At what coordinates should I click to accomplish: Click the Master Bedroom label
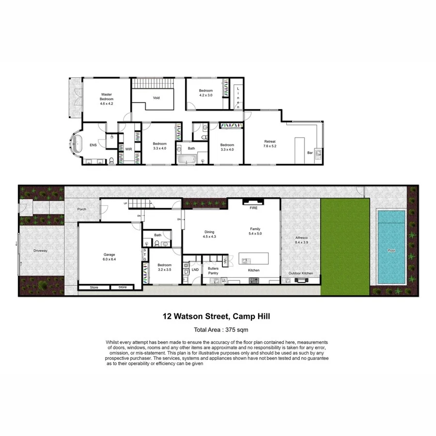point(107,99)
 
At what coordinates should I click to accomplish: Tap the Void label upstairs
point(156,98)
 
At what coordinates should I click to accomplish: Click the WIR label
point(128,149)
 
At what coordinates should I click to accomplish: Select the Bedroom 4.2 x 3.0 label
point(205,93)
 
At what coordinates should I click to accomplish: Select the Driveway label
point(40,251)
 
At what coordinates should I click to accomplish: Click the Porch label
point(82,210)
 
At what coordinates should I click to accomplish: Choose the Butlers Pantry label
point(214,270)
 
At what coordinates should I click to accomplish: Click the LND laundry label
point(195,270)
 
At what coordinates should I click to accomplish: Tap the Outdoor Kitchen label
point(301,274)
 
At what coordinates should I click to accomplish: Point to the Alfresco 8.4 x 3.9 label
point(301,240)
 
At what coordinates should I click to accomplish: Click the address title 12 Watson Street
point(216,317)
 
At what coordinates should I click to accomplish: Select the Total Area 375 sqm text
point(218,330)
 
